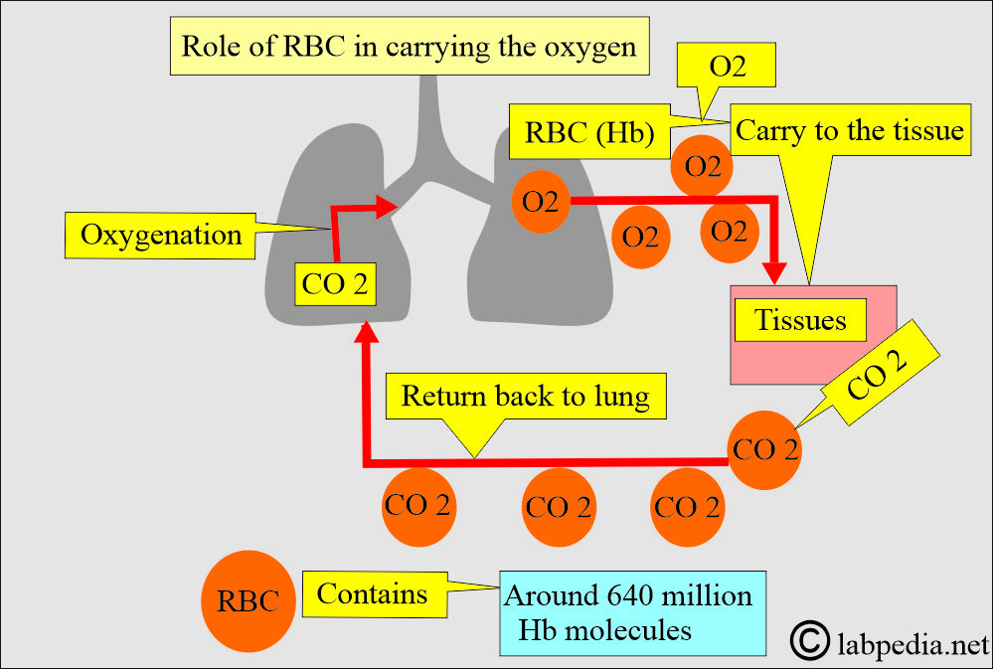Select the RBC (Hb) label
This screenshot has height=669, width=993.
coord(582,134)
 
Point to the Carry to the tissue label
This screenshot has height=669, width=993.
coord(849,130)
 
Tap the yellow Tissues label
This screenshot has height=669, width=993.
coord(800,320)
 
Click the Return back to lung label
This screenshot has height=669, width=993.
coord(525,397)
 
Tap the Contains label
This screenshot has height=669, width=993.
coord(372,593)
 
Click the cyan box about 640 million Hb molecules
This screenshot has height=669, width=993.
coord(633,612)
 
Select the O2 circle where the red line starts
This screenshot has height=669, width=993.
coord(541,202)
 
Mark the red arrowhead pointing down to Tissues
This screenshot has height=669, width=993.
coord(773,271)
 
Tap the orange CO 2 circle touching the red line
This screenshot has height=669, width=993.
coord(764,449)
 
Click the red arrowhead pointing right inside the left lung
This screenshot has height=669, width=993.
coord(387,207)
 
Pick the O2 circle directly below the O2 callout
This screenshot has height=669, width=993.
coord(703,167)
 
